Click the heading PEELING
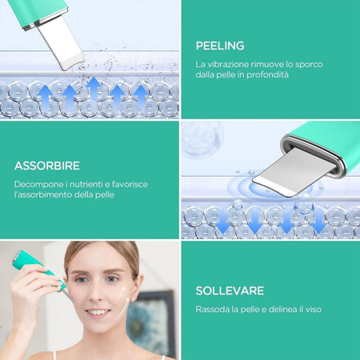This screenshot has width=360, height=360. pos(219,46)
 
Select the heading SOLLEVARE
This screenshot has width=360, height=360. pos(230,290)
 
